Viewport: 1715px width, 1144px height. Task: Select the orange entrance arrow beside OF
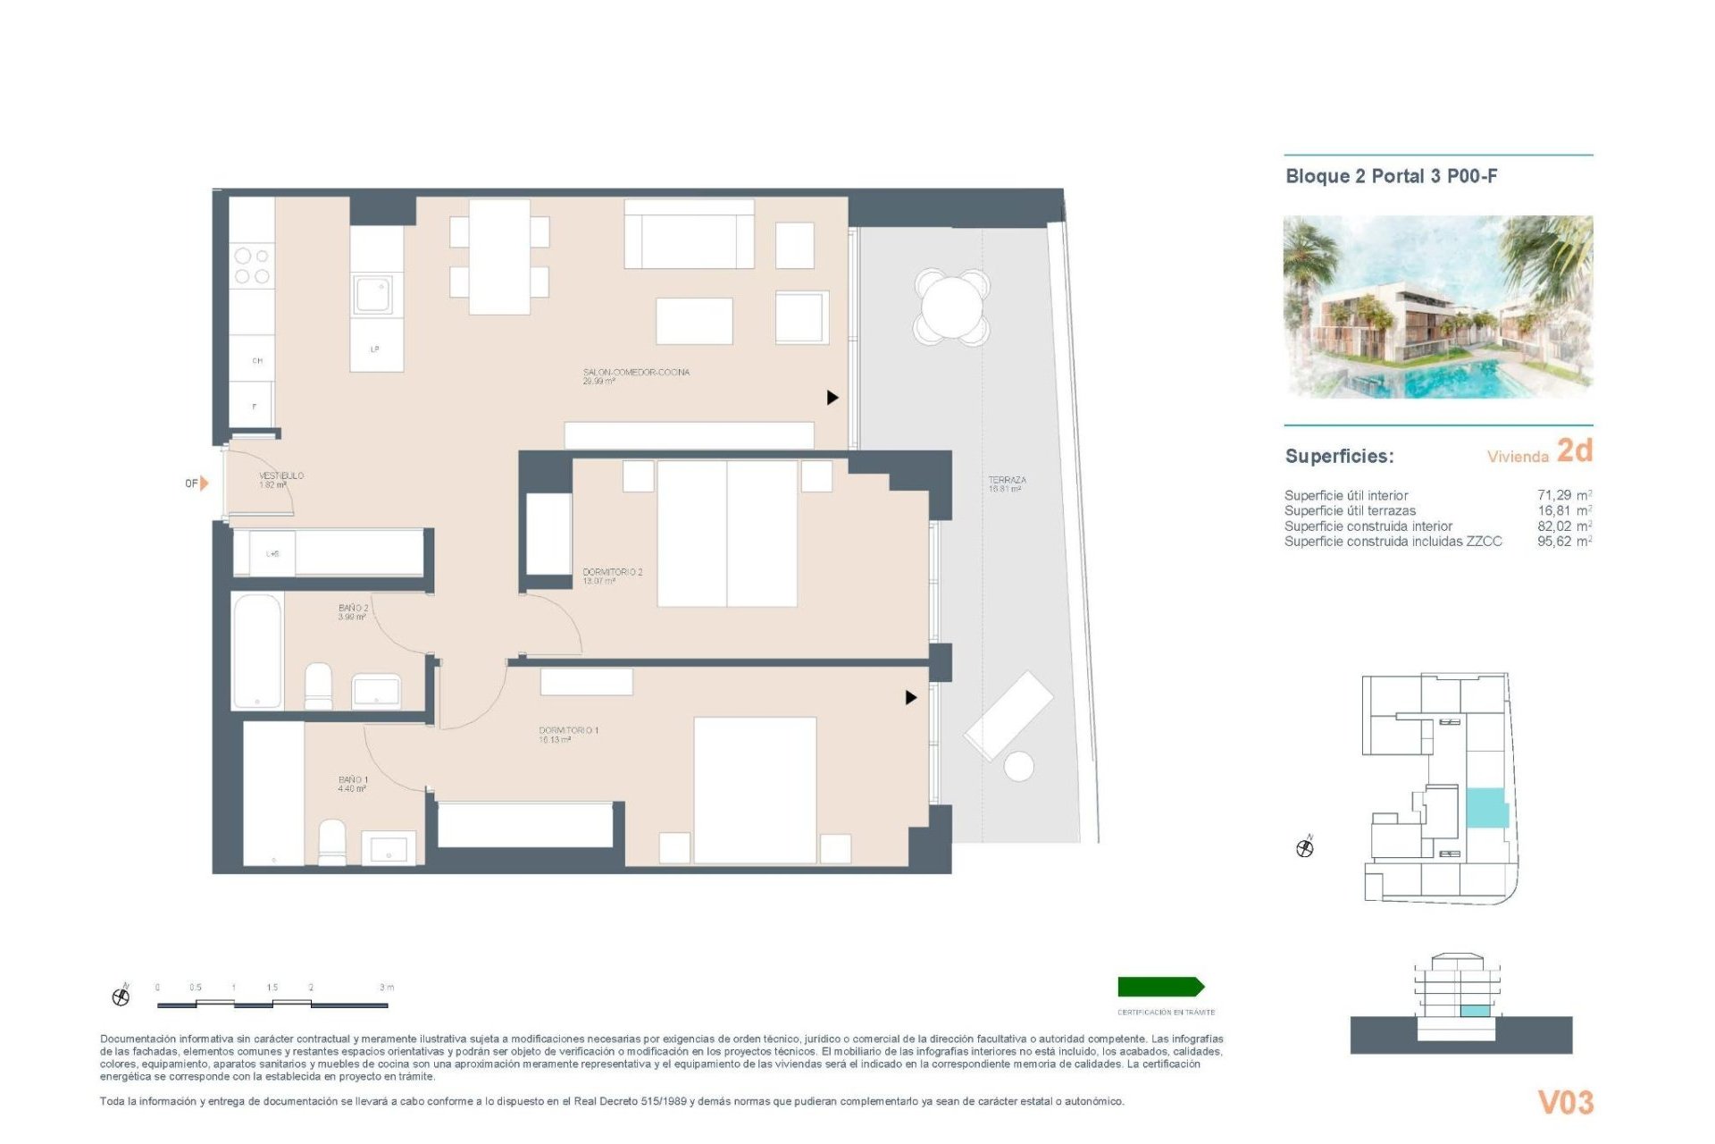205,483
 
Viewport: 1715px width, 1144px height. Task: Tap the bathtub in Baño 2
257,651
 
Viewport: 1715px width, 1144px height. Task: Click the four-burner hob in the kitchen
252,266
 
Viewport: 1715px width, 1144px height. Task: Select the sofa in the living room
689,234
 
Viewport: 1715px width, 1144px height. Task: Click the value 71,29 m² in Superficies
1564,495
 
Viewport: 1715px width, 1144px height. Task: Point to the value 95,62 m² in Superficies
1564,542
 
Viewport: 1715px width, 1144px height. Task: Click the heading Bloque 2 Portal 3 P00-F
1391,176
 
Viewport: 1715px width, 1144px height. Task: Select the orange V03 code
1565,1102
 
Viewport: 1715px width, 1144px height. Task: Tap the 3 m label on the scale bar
387,988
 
